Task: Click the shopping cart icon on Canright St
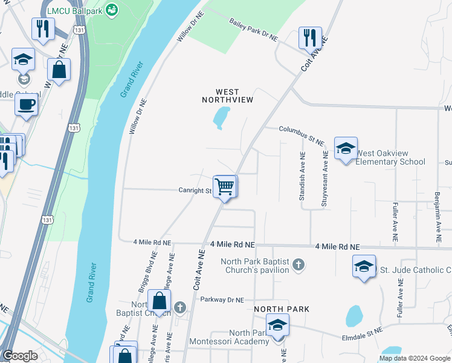point(224,186)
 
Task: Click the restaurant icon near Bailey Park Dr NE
point(310,38)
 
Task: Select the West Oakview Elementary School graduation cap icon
point(345,148)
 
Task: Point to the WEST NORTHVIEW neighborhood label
point(227,94)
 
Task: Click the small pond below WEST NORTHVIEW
point(221,117)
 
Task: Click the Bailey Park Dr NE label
point(253,30)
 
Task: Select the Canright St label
point(194,191)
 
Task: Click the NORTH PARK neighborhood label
point(282,309)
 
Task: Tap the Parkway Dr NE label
point(222,299)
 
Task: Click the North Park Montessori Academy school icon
point(277,325)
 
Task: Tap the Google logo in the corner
point(20,355)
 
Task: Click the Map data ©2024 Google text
point(415,358)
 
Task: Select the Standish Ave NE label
point(302,177)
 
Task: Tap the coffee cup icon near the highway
point(26,103)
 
